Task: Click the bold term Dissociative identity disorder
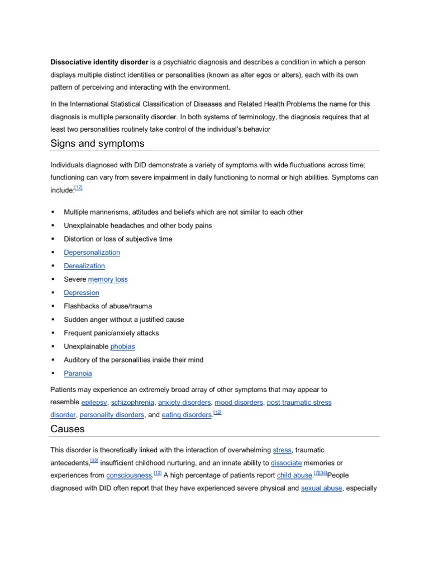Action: point(99,61)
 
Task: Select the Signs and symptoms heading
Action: point(97,143)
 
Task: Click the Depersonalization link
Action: point(92,253)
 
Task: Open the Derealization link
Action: point(84,266)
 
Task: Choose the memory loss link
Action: point(108,279)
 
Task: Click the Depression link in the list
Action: point(82,293)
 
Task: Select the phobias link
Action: point(123,346)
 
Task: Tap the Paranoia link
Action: point(78,373)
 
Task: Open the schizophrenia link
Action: point(132,402)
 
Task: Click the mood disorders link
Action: point(239,402)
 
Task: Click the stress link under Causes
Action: point(282,449)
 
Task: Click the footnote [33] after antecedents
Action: point(94,461)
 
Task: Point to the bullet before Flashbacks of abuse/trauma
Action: point(53,306)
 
